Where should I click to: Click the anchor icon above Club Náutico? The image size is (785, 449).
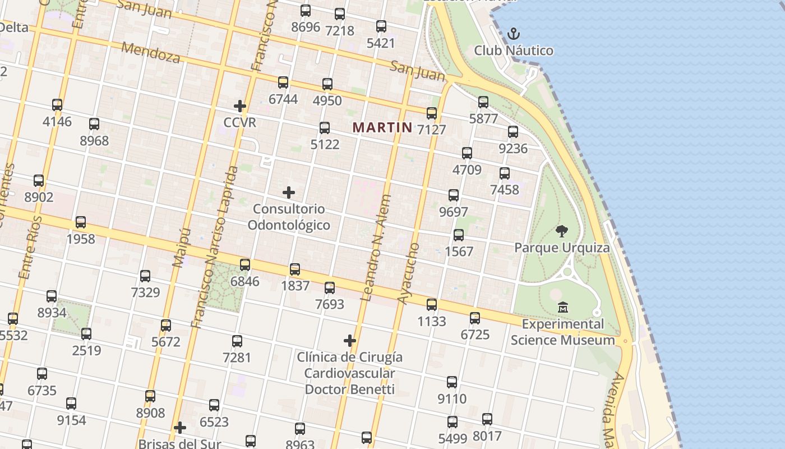[513, 34]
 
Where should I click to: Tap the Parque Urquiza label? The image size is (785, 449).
[562, 248]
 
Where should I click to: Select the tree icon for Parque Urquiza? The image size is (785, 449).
[561, 231]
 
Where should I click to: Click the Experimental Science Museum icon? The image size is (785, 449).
[563, 307]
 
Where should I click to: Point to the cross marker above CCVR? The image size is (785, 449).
[240, 106]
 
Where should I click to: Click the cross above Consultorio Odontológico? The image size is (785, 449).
[289, 193]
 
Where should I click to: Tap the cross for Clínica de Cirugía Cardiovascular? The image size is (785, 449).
[350, 340]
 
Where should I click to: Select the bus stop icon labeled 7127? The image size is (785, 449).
[431, 113]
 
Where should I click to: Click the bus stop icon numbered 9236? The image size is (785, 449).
[512, 132]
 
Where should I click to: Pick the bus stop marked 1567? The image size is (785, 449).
[459, 235]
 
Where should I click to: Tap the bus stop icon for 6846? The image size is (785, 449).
[245, 265]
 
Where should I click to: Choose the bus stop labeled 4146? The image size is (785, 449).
[57, 105]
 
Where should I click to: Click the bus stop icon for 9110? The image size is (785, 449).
[452, 382]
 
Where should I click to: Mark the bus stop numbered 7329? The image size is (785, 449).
[145, 276]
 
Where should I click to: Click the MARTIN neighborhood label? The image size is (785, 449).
[382, 127]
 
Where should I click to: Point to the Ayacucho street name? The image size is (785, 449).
[409, 273]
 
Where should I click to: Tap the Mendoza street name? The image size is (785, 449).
[151, 52]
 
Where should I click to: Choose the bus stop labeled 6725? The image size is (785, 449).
[475, 318]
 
